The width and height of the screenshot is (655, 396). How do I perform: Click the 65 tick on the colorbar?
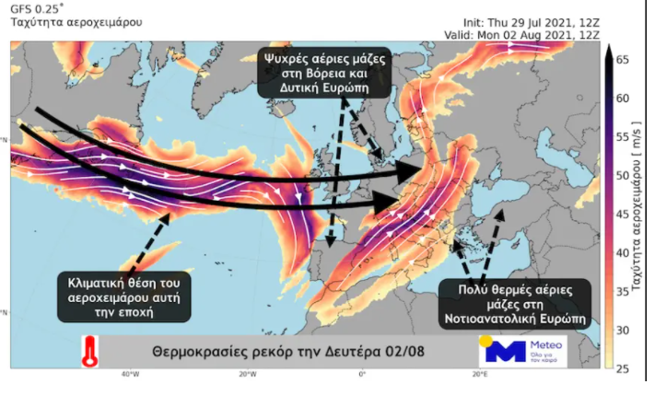pyautogui.click(x=624, y=58)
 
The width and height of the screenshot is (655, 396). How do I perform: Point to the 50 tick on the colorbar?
pyautogui.click(x=624, y=174)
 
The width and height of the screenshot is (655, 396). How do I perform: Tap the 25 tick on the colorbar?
pyautogui.click(x=624, y=368)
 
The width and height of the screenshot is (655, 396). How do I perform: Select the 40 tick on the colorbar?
pyautogui.click(x=624, y=251)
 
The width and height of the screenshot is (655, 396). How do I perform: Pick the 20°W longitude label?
pyautogui.click(x=246, y=375)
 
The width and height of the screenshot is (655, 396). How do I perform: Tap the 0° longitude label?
pyautogui.click(x=362, y=375)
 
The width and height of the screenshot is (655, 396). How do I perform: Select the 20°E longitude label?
pyautogui.click(x=479, y=375)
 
